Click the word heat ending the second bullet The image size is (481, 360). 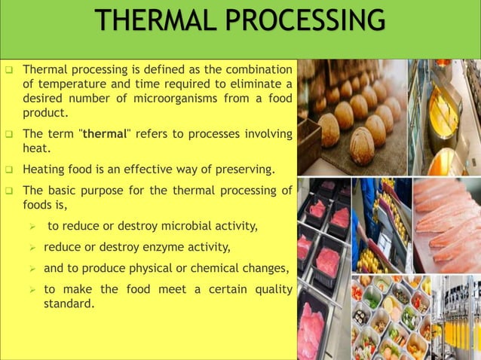click(x=35, y=148)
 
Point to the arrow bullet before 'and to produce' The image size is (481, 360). click(x=32, y=268)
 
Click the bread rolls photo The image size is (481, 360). click(x=351, y=117)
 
